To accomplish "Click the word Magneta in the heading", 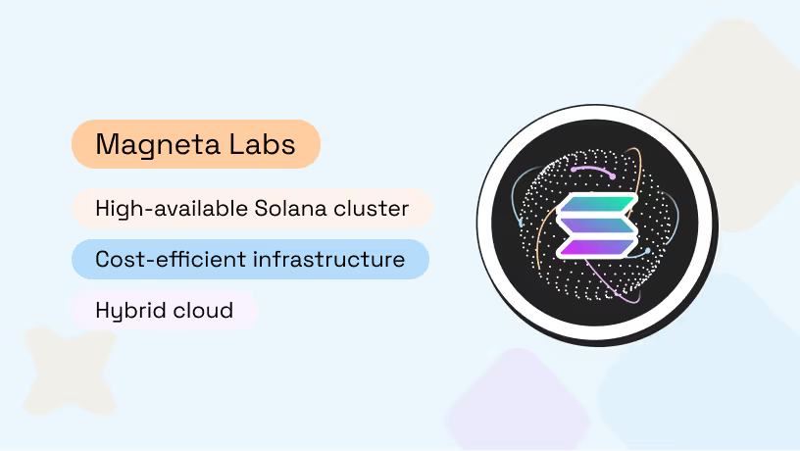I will (x=154, y=145).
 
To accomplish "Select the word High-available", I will (x=171, y=208).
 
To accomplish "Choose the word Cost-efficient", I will (x=171, y=260).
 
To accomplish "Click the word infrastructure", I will (x=329, y=260).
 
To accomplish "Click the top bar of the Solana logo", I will (x=597, y=205).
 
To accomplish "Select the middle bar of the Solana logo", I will (x=597, y=225).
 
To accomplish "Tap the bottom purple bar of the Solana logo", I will (x=597, y=247).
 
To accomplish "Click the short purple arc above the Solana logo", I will (x=592, y=170).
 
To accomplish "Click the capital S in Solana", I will (x=261, y=208).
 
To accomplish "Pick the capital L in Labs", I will (x=232, y=145).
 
